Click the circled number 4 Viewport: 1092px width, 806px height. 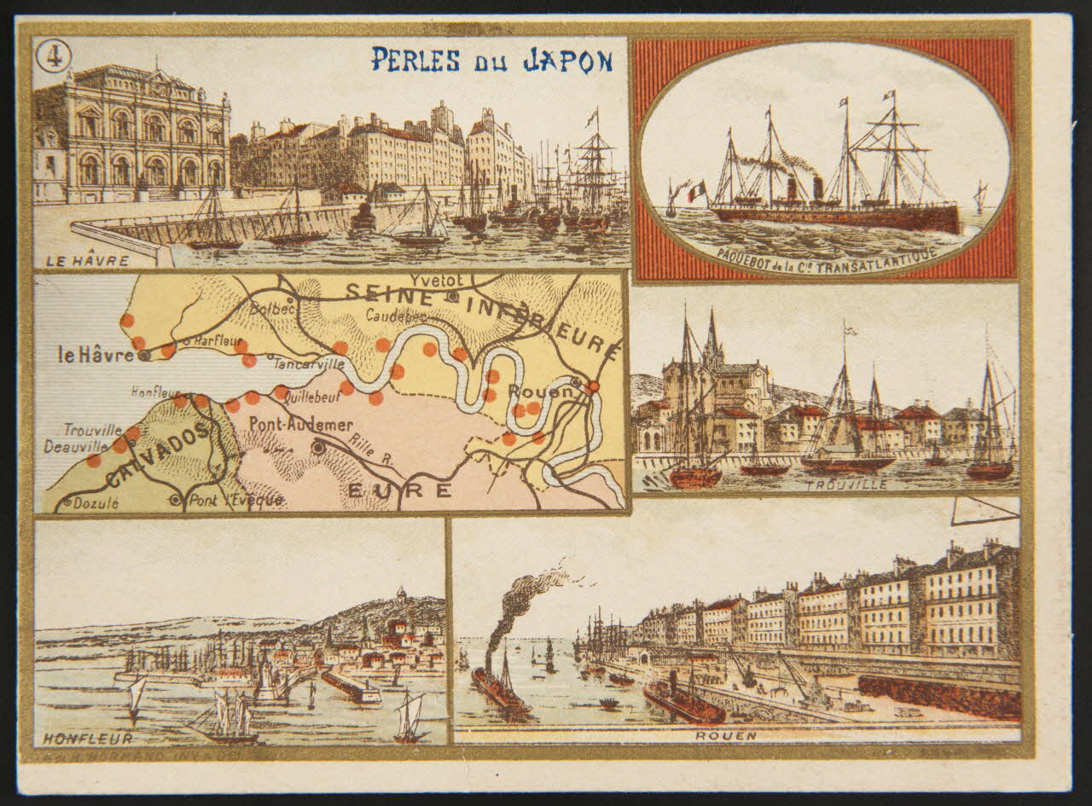[54, 56]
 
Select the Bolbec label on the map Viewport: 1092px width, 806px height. [272, 309]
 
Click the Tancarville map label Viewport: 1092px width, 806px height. [309, 363]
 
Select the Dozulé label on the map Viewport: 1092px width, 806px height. [95, 503]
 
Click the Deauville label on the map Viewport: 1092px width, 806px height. [76, 446]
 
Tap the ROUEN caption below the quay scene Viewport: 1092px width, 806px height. [713, 734]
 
